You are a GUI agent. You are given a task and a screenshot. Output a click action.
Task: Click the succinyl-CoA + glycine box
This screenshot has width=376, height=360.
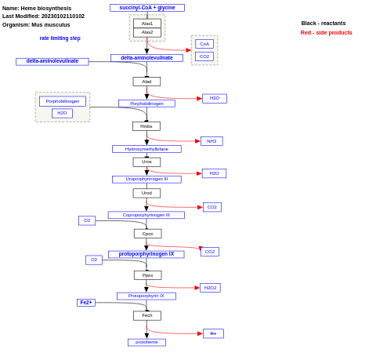147,8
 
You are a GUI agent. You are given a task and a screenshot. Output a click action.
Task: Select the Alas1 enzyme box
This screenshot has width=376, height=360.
147,24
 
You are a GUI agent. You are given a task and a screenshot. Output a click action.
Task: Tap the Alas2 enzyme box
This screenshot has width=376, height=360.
147,32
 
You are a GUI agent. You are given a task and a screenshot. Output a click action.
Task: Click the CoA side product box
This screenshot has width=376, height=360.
204,44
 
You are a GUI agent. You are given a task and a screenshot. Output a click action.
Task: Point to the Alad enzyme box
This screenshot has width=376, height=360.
146,82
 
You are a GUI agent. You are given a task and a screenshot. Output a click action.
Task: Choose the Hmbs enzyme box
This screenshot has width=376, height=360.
146,126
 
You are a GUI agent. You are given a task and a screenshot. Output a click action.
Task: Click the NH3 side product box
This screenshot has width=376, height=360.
211,141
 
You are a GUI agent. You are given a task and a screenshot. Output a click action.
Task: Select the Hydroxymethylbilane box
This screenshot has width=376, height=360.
146,149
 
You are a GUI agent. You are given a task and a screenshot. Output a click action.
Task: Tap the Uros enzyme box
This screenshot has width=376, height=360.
146,162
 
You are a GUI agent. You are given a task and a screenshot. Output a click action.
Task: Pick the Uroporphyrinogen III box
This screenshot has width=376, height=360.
146,180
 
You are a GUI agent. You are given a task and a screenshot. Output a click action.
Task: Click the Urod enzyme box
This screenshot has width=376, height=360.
146,193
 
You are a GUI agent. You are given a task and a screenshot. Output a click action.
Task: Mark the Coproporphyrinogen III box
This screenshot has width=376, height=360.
146,215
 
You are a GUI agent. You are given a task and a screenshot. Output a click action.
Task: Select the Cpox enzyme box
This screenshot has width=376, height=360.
147,234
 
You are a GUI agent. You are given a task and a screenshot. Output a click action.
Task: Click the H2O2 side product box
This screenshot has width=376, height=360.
210,288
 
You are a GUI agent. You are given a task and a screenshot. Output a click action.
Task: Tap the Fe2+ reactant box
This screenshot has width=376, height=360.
86,303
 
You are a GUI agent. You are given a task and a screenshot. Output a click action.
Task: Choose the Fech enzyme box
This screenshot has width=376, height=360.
147,316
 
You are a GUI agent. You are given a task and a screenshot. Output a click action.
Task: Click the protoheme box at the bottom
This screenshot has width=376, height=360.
146,343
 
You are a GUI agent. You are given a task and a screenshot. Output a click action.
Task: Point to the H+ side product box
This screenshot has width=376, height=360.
213,333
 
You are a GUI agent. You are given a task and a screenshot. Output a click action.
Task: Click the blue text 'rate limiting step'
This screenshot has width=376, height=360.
60,38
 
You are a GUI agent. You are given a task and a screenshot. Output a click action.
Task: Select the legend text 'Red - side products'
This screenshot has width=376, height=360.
326,33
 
